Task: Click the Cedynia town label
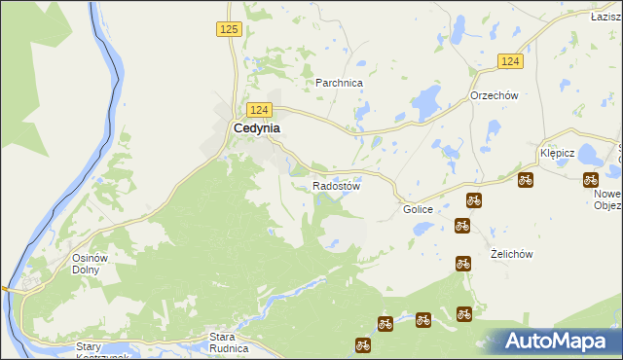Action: coord(257,127)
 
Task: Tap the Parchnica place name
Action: coord(339,84)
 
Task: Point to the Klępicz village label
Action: coord(559,154)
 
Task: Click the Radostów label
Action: coord(337,186)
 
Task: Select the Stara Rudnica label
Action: coord(230,342)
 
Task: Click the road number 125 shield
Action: coord(229,30)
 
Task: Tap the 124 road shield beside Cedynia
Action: coord(258,110)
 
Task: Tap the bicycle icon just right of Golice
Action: coord(474,200)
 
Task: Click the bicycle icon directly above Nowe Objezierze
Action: coord(590,179)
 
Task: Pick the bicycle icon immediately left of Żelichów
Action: coord(463,262)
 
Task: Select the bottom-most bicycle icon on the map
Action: coord(363,344)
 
